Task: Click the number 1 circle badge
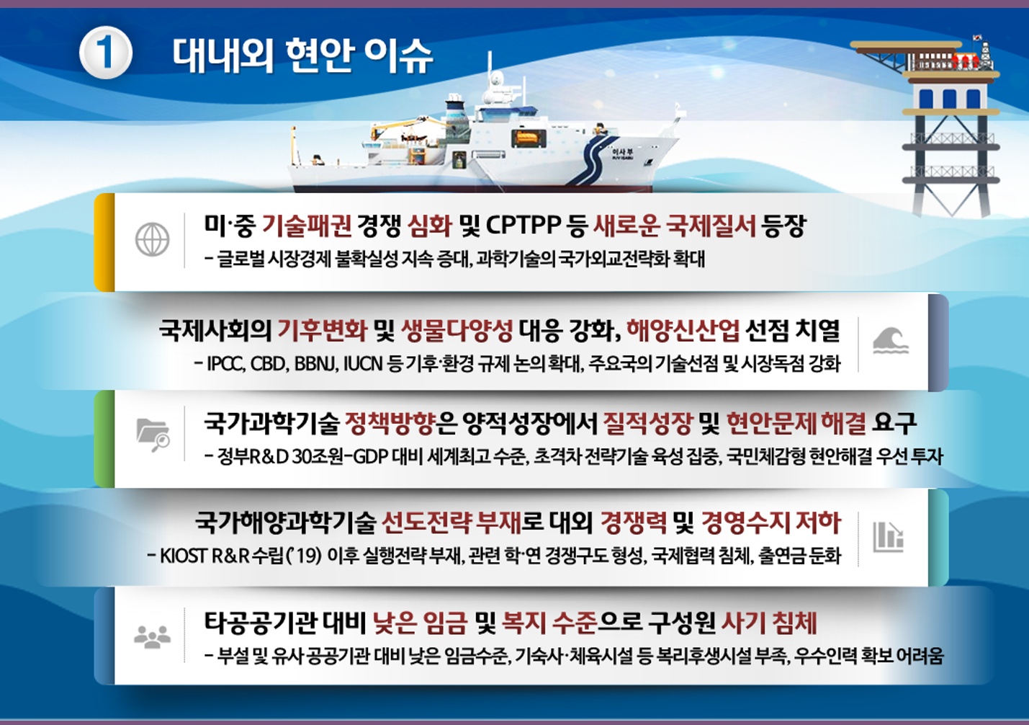pos(106,53)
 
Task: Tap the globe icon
pos(152,239)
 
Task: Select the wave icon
pos(890,341)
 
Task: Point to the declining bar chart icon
pos(888,537)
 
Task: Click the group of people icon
pos(152,637)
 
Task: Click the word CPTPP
pos(524,226)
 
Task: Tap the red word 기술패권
pos(307,226)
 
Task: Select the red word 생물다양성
pos(457,331)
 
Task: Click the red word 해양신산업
pos(683,331)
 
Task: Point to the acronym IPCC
pos(225,364)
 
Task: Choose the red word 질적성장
pos(647,424)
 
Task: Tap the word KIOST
pos(183,556)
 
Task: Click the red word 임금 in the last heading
pos(444,623)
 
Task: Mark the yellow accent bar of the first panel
pos(104,242)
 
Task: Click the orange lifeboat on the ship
pos(528,137)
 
